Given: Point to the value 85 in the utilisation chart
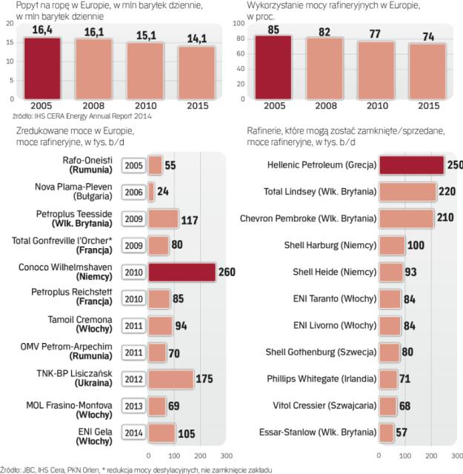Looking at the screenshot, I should (x=273, y=30).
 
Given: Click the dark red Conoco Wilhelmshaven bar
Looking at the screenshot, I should (x=181, y=272).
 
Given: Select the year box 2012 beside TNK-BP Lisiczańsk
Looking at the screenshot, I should (x=134, y=378).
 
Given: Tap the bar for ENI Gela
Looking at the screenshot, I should (x=161, y=433).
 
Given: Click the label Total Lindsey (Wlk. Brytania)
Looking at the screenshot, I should (x=321, y=191).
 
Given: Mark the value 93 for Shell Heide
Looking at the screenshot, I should (x=412, y=272).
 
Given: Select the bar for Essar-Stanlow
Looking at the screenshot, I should (x=387, y=432).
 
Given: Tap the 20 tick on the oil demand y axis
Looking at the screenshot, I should (x=8, y=23).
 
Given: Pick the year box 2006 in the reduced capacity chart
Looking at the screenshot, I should (x=134, y=192).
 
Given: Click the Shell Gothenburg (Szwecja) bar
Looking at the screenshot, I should (x=390, y=352).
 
